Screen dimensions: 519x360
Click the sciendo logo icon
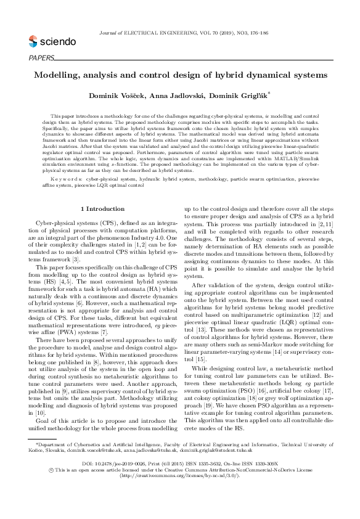(x=33, y=41)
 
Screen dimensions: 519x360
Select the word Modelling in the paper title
(x=59, y=75)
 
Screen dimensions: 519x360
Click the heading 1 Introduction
(x=104, y=192)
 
